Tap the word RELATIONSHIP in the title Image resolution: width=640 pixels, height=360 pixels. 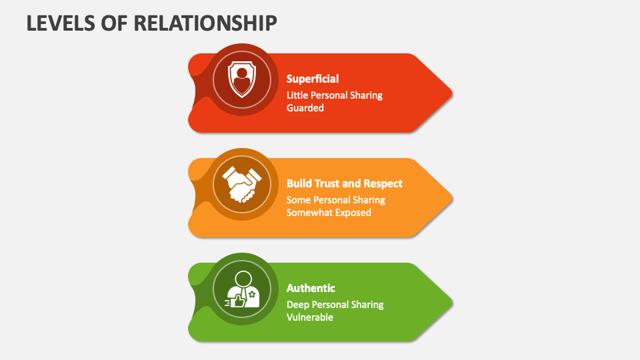(205, 23)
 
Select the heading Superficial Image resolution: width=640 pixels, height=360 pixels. (313, 79)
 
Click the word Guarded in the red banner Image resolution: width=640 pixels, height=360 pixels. (305, 108)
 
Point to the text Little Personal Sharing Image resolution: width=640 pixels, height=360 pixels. (335, 95)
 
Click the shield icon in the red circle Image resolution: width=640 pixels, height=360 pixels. (242, 79)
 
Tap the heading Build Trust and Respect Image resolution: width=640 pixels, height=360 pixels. (345, 184)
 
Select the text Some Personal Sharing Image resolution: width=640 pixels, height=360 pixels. (336, 200)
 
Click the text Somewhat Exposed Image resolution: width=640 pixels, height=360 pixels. (329, 213)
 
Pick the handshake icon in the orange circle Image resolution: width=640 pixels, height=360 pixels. (241, 185)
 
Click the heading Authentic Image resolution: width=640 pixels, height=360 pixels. (311, 288)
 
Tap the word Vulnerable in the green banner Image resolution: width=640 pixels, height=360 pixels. (310, 317)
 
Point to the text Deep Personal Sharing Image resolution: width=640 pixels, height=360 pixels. (335, 305)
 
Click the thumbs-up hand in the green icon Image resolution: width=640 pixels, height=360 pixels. (237, 301)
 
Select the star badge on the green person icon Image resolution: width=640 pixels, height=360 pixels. (252, 294)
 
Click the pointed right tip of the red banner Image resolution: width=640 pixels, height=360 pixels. (452, 93)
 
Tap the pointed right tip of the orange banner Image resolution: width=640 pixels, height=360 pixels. (452, 198)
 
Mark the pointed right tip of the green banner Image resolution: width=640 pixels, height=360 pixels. (452, 303)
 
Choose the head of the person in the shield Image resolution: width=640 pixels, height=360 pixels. (242, 73)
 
